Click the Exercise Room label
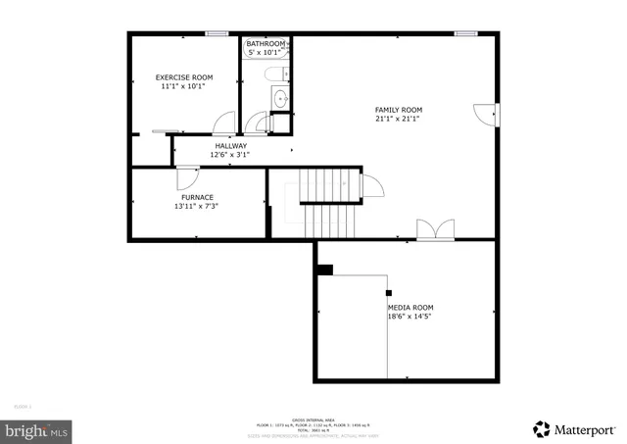coord(184,77)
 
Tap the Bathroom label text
coord(265,44)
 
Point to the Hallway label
coord(231,145)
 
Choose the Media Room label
coord(410,307)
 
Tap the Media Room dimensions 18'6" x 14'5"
coord(410,317)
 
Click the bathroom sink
coord(280,98)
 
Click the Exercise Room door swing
coord(223,123)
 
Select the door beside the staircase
coord(372,186)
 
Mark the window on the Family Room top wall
coord(466,33)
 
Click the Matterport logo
coord(575,428)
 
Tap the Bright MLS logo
coord(37,429)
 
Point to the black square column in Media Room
coord(325,270)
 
